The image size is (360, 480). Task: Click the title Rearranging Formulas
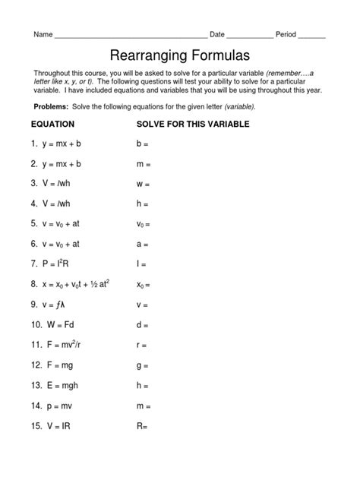(180, 55)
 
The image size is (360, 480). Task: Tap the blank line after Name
(131, 36)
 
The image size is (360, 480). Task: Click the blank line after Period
(312, 36)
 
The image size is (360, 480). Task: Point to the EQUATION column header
(52, 124)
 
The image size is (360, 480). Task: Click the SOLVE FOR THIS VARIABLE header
(193, 124)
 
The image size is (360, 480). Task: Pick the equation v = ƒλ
(55, 304)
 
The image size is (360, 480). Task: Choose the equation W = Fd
(60, 324)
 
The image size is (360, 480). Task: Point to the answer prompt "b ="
(142, 144)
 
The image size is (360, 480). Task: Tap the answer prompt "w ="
(143, 184)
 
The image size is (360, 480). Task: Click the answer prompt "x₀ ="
(144, 285)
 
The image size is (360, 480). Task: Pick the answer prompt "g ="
(142, 365)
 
